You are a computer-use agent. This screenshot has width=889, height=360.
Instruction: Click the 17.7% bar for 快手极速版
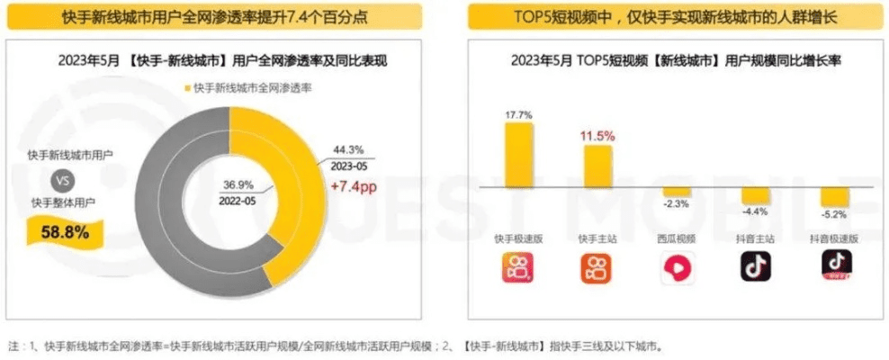coord(518,155)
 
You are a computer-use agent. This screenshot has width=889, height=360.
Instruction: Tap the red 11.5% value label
coord(597,136)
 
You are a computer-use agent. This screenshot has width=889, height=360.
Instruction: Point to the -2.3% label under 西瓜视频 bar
coord(677,203)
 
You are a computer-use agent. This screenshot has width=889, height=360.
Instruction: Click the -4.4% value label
coord(756,211)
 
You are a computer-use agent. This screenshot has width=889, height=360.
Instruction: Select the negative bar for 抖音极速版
coord(835,197)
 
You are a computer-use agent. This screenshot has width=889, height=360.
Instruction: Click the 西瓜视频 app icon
coord(677,266)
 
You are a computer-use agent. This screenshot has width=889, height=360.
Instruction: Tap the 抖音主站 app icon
coord(756,265)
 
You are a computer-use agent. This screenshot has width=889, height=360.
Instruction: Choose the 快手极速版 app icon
coord(517,266)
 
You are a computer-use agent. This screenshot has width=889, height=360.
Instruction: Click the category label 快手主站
coord(597,238)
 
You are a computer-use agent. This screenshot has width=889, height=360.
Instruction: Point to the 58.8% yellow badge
coord(66,233)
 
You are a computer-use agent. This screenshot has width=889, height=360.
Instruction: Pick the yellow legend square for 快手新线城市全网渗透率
coord(188,87)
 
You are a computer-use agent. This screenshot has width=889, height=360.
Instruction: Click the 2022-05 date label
coord(238,201)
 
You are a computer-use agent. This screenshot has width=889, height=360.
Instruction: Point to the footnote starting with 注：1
coord(342,346)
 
